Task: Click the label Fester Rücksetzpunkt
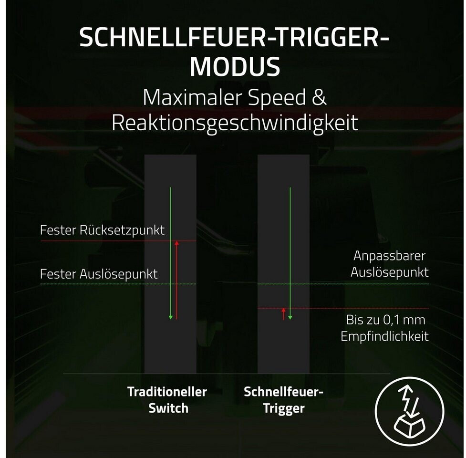(102, 230)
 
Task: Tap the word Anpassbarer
(389, 256)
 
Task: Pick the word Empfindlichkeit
(384, 336)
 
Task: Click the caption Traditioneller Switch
(167, 400)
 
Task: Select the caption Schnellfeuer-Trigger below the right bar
(284, 400)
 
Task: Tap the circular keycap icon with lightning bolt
(409, 410)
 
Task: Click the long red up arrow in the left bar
(176, 280)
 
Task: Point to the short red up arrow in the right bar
(284, 314)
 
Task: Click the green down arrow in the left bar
(171, 253)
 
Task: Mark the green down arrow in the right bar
(290, 253)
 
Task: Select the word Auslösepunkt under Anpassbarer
(389, 272)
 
